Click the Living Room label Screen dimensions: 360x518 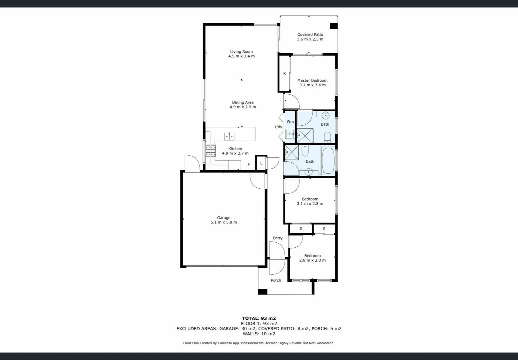tap(241, 52)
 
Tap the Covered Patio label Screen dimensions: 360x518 tap(310, 34)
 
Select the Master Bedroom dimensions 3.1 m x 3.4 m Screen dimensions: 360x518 tap(312, 85)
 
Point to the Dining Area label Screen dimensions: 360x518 tap(242, 102)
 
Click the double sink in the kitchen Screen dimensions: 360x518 tap(229, 136)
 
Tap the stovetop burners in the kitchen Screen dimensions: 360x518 tap(210, 151)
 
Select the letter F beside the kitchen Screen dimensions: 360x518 tap(248, 165)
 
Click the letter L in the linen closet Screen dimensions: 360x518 tap(261, 163)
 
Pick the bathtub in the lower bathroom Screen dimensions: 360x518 tap(328, 161)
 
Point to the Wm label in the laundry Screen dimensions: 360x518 tap(290, 122)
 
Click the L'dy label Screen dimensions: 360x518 tap(279, 127)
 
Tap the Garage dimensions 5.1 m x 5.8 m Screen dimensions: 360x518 tap(223, 222)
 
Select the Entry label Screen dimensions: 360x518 tap(278, 238)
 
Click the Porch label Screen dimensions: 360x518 tap(276, 280)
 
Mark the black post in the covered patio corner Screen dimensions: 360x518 tap(334, 26)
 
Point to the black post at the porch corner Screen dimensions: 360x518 tap(263, 292)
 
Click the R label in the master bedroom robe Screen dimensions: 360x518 tap(285, 73)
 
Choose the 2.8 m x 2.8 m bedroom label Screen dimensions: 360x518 tap(312, 260)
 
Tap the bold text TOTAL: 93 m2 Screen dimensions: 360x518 tap(259, 318)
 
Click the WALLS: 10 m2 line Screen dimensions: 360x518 tap(259, 334)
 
